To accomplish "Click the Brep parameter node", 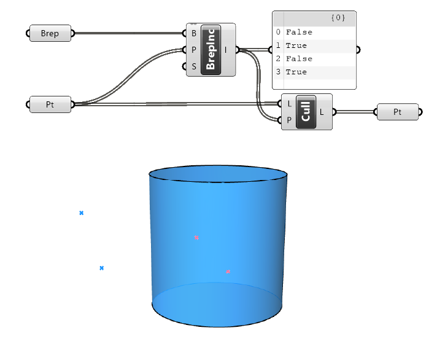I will coord(50,33).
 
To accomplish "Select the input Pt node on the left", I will coord(50,104).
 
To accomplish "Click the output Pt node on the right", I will coord(397,112).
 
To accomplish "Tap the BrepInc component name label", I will coord(211,50).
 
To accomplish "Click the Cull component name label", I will coord(305,112).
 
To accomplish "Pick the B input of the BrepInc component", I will coord(194,33).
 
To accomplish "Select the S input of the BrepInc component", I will coord(194,66).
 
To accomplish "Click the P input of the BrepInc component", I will coord(194,50).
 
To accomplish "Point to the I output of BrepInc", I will coord(227,50).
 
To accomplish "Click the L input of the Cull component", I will coord(288,104).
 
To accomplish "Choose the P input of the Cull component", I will coord(288,120).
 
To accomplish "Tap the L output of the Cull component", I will coord(322,112).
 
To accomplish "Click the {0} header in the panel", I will coord(338,18).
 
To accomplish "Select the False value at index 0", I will coord(299,32).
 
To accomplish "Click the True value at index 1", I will coord(296,45).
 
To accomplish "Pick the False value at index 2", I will coord(299,59).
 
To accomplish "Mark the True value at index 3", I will coord(296,72).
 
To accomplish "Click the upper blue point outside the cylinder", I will coord(81,213).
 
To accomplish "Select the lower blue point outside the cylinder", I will coord(101,268).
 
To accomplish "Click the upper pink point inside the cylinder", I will coord(196,237).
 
